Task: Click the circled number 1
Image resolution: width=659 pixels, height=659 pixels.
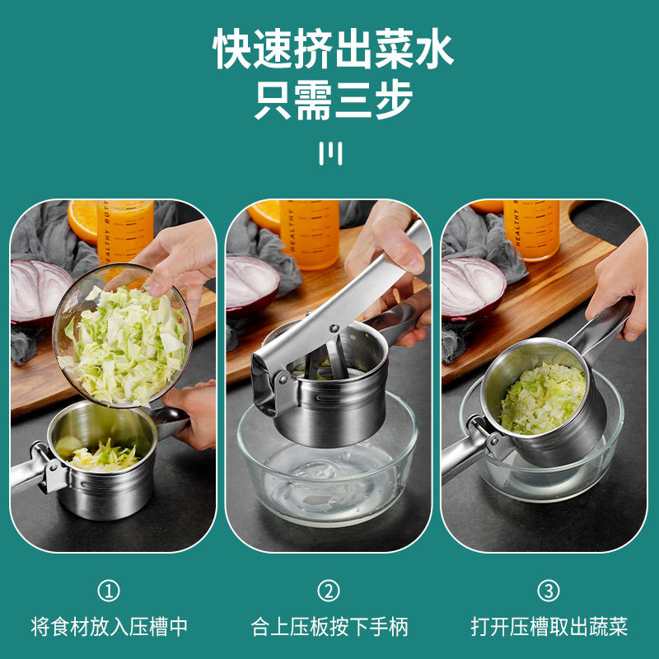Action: tap(109, 591)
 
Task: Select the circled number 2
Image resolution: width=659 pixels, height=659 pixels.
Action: tap(329, 591)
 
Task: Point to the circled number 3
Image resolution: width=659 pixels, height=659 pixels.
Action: tap(549, 591)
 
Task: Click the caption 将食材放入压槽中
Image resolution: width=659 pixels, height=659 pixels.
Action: tap(110, 626)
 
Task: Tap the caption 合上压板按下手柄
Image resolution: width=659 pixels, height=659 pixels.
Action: tap(329, 626)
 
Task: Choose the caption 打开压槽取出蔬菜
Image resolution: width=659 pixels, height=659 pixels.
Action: tap(549, 626)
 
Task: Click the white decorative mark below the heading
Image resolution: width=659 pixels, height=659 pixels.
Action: tap(329, 153)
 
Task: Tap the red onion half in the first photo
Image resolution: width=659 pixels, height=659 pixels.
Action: tap(37, 288)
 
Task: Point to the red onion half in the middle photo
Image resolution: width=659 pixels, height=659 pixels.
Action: tap(251, 283)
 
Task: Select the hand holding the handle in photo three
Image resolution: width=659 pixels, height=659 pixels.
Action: tap(618, 280)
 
